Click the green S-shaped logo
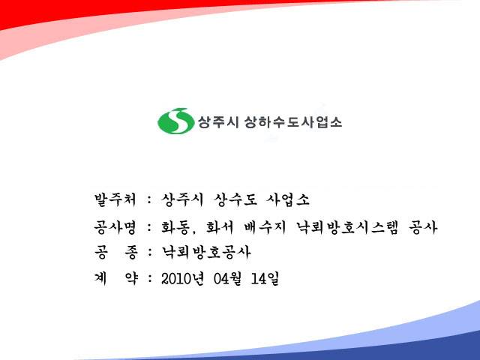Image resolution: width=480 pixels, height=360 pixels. click(175, 121)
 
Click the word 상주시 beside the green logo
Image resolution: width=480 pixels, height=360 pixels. click(218, 122)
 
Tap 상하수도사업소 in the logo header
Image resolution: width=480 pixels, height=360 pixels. click(293, 122)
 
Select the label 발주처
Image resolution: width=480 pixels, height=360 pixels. click(115, 199)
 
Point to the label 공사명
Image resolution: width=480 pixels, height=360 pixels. click(115, 226)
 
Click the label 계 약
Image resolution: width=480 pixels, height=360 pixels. click(116, 278)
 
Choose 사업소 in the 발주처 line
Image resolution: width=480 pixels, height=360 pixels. click(288, 199)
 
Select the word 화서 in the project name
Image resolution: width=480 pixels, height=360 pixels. click(220, 227)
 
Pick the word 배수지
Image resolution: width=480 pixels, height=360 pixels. click(265, 227)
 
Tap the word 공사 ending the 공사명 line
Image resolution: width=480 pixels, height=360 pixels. click(423, 227)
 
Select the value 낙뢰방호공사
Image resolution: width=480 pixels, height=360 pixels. click(206, 252)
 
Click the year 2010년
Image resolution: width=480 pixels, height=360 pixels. click(182, 278)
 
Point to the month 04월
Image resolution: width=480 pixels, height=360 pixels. click(227, 278)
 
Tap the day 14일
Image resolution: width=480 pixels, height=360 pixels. click(265, 278)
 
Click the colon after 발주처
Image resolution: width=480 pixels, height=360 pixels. click(149, 200)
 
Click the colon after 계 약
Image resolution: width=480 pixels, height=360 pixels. click(150, 279)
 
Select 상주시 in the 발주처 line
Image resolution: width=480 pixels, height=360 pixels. click(182, 199)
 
